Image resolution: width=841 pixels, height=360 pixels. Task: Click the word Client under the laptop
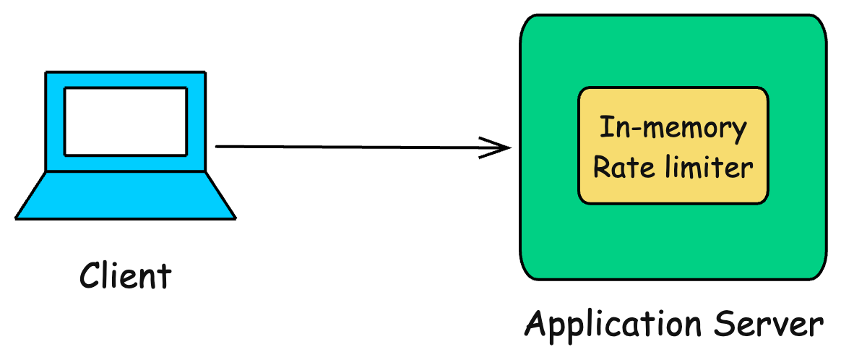126,275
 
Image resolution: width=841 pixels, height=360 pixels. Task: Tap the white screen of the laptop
126,121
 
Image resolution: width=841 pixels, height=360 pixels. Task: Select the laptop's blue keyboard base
126,195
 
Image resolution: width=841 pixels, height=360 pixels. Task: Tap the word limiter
702,168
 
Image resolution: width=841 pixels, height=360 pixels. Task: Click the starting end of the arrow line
217,147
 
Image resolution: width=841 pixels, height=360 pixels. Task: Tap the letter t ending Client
165,275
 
